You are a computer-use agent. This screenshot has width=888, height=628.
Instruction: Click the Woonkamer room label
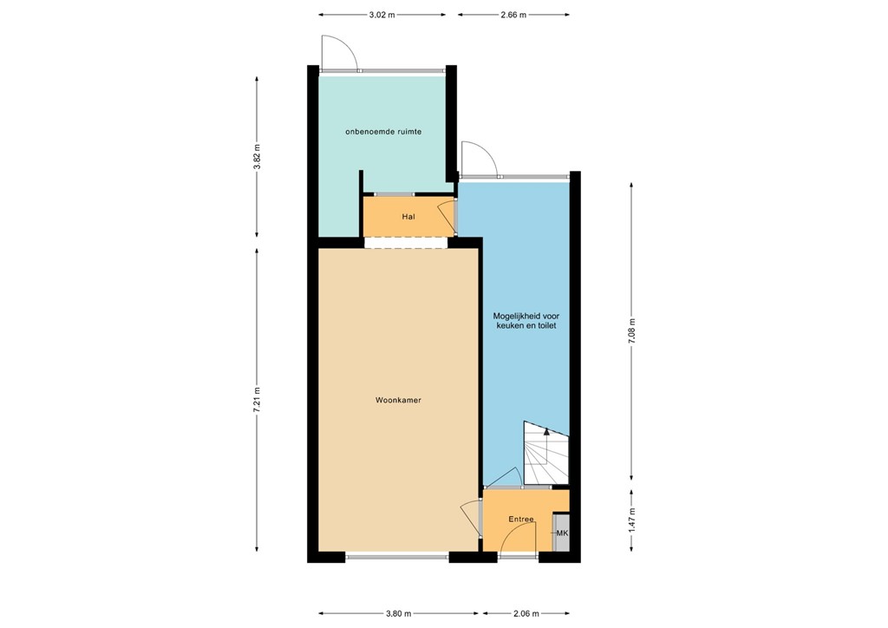click(x=398, y=401)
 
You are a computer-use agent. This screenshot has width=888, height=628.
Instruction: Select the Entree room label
click(x=520, y=520)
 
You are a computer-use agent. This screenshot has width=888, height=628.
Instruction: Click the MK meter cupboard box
click(x=561, y=533)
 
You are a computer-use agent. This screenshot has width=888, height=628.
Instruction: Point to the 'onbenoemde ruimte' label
click(x=382, y=132)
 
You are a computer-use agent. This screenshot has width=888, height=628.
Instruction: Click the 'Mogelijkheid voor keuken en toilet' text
click(x=525, y=322)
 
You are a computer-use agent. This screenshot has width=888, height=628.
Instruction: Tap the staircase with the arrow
click(x=545, y=454)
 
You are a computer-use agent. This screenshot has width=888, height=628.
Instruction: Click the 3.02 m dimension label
click(x=382, y=15)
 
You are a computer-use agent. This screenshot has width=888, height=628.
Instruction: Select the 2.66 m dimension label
click(x=513, y=15)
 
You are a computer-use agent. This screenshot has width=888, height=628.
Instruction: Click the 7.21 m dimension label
click(x=257, y=400)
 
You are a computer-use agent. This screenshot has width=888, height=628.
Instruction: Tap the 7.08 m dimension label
click(x=631, y=331)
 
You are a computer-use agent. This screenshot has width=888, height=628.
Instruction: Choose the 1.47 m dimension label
click(x=631, y=519)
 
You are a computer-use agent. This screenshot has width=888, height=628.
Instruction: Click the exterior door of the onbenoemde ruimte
click(x=338, y=54)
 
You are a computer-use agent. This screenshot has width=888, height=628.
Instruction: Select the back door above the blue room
click(x=478, y=160)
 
